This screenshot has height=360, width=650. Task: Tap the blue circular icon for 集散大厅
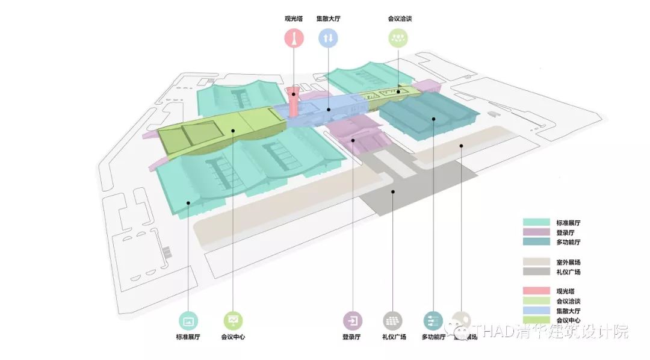[x=328, y=39]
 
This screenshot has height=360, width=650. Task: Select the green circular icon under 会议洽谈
[x=397, y=39]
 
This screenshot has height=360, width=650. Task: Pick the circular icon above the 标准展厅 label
[x=188, y=321]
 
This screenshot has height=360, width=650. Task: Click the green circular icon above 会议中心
[x=233, y=321]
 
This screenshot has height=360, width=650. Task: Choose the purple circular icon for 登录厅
[x=352, y=321]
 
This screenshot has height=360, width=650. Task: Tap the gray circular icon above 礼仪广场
[x=393, y=321]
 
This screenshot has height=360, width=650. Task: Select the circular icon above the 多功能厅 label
[x=433, y=321]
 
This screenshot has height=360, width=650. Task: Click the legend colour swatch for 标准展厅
[x=536, y=223]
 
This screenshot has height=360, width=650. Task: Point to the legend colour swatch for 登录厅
[x=536, y=232]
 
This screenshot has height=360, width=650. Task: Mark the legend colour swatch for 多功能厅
[x=536, y=242]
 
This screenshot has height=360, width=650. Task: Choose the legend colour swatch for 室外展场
[x=536, y=262]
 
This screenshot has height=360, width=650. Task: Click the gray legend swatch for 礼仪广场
[x=536, y=272]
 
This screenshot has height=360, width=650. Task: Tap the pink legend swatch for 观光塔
[x=536, y=291]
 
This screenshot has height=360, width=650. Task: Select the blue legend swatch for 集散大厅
[x=536, y=311]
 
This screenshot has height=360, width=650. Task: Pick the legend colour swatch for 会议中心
[x=536, y=320]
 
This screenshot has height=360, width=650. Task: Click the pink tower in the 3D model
[x=294, y=102]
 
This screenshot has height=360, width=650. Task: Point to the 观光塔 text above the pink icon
[x=294, y=19]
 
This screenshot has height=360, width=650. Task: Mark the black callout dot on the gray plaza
[x=392, y=192]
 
